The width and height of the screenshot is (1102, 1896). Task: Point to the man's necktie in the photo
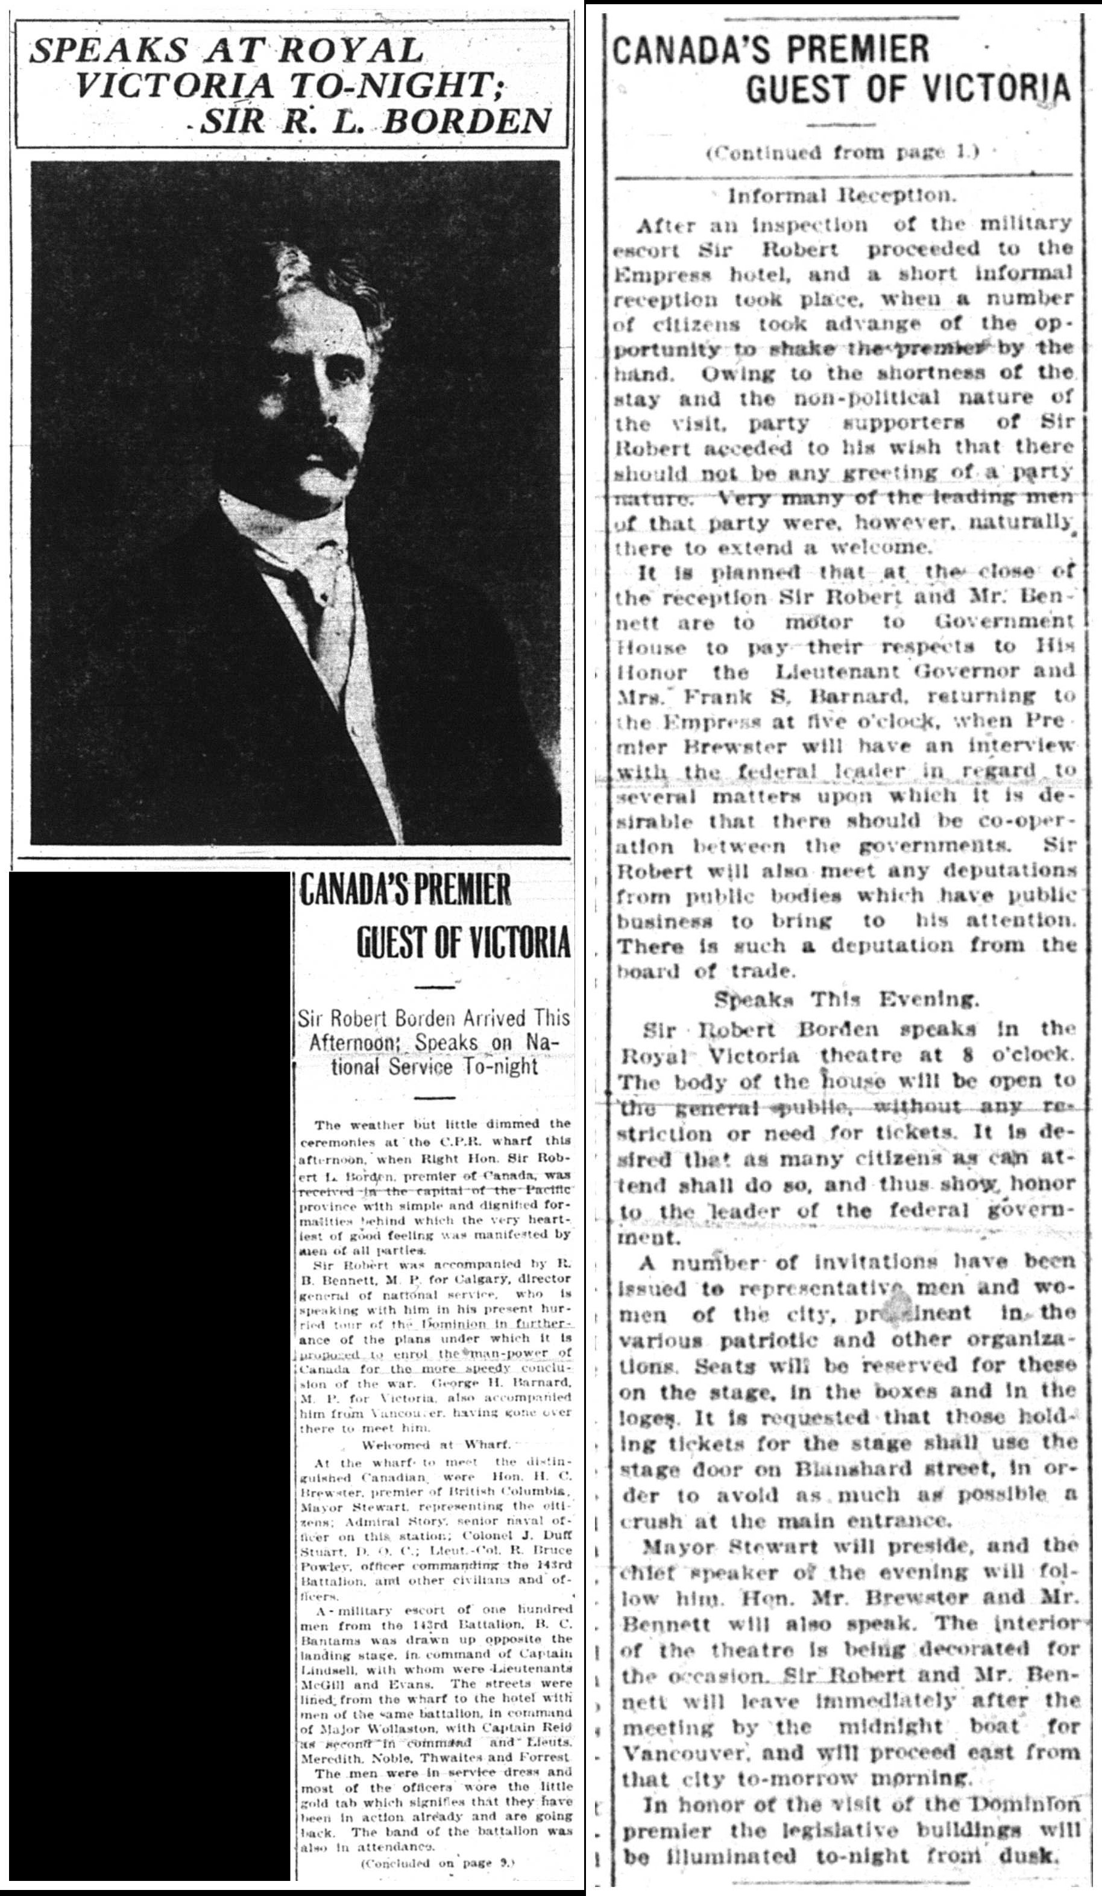(301, 602)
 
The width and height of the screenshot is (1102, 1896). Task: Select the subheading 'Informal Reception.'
(841, 197)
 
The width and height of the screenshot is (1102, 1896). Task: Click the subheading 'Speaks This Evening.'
(846, 1000)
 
